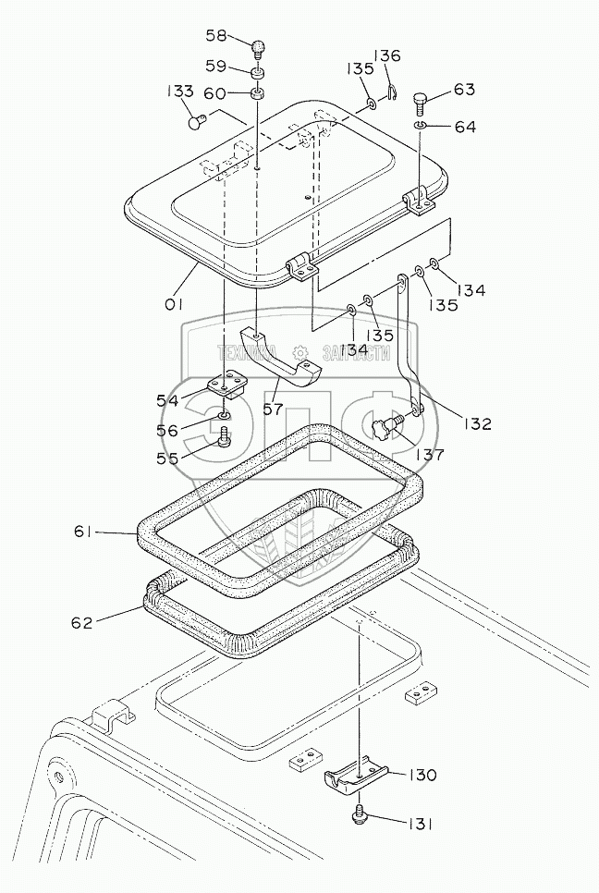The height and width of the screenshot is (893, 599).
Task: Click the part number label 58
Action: (x=215, y=35)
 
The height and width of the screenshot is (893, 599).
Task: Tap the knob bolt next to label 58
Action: (x=259, y=45)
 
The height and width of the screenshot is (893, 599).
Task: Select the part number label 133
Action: (x=180, y=92)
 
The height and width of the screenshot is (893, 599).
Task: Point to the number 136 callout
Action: (x=386, y=55)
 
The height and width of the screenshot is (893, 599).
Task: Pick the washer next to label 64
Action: (x=421, y=125)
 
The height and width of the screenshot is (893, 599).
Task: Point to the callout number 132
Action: (x=479, y=424)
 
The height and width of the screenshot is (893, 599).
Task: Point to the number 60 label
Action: (x=214, y=92)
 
